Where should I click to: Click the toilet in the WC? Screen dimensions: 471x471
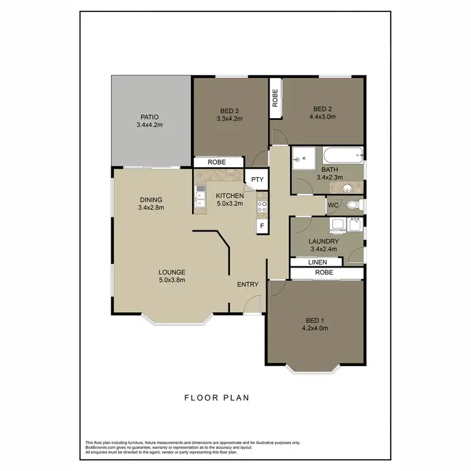pos(352,204)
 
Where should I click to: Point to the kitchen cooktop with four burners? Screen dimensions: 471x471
pos(262,206)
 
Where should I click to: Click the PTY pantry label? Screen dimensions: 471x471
pos(257,180)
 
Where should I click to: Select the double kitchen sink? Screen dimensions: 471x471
pos(200,196)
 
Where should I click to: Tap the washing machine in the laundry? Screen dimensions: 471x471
pos(337,224)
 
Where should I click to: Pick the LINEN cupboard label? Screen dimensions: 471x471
pos(317,262)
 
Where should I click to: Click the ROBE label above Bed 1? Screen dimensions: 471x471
pos(325,273)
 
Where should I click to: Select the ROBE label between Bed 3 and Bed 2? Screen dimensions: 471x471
pos(275,97)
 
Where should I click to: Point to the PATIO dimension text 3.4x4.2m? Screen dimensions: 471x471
pos(149,125)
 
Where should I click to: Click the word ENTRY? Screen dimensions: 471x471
pos(248,284)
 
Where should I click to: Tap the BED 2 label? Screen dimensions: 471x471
pos(324,109)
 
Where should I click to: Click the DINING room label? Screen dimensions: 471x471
pos(151,200)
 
